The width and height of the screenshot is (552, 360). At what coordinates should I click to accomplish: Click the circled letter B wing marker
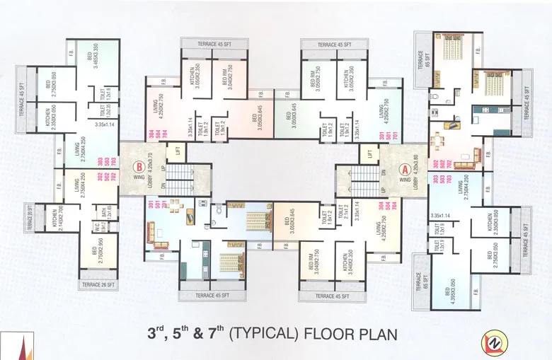tap(137, 168)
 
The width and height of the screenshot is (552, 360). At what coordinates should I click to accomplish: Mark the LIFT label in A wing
tap(368, 153)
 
